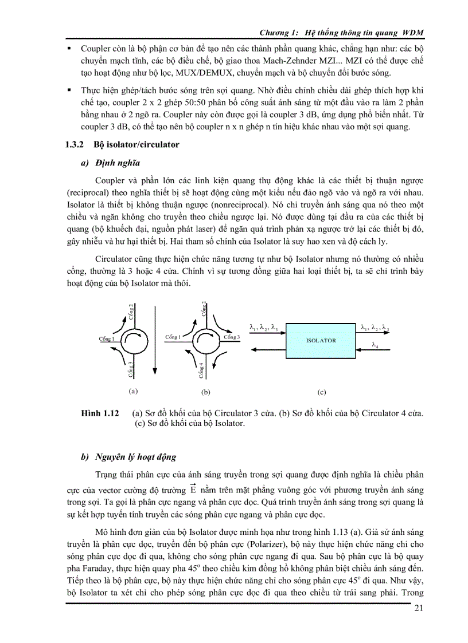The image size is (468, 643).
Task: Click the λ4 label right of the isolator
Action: click(375, 345)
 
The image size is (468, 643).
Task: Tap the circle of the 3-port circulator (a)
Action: click(132, 340)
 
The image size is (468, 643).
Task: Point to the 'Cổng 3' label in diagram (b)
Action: click(232, 337)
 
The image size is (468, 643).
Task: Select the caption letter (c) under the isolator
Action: click(321, 393)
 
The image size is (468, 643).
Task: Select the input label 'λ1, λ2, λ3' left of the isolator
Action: click(264, 328)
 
